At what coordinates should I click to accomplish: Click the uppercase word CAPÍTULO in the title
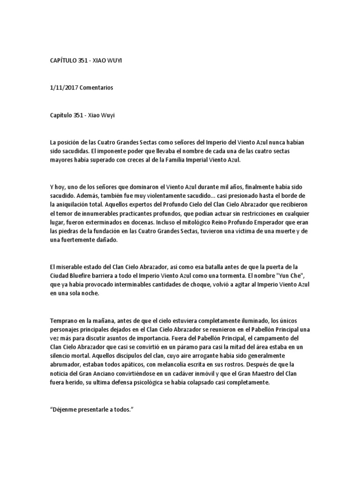tap(64, 61)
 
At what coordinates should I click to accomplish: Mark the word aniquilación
tap(77, 204)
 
